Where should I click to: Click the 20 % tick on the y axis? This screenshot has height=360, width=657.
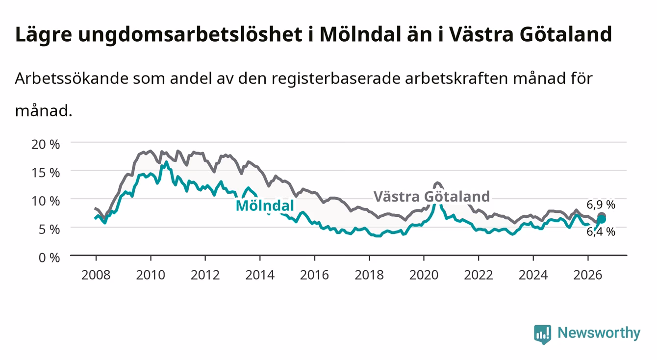pyautogui.click(x=46, y=144)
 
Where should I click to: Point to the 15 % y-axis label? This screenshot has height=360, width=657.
pyautogui.click(x=46, y=173)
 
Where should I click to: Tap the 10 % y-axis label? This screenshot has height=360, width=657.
pyautogui.click(x=46, y=201)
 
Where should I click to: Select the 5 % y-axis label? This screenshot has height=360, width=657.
pyautogui.click(x=49, y=229)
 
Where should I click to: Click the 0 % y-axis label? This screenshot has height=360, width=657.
pyautogui.click(x=49, y=257)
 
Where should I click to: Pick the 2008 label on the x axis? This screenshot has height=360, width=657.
pyautogui.click(x=96, y=275)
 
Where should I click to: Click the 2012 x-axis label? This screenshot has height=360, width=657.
pyautogui.click(x=205, y=275)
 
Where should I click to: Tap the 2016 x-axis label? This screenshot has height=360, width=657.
pyautogui.click(x=314, y=275)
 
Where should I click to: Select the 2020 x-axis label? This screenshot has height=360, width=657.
pyautogui.click(x=424, y=275)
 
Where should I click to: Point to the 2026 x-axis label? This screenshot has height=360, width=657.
pyautogui.click(x=588, y=275)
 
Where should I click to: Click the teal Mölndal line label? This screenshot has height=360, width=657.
pyautogui.click(x=265, y=206)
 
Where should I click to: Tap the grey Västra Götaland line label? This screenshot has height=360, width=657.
pyautogui.click(x=432, y=196)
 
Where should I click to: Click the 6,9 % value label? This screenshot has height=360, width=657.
pyautogui.click(x=601, y=205)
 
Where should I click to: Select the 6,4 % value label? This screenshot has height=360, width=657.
pyautogui.click(x=601, y=232)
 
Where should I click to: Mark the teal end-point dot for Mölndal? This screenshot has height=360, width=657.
pyautogui.click(x=602, y=219)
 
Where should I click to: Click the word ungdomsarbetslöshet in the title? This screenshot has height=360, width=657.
pyautogui.click(x=190, y=35)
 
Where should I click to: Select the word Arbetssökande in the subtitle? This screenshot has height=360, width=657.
pyautogui.click(x=72, y=78)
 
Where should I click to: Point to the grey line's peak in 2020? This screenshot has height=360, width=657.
pyautogui.click(x=437, y=183)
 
